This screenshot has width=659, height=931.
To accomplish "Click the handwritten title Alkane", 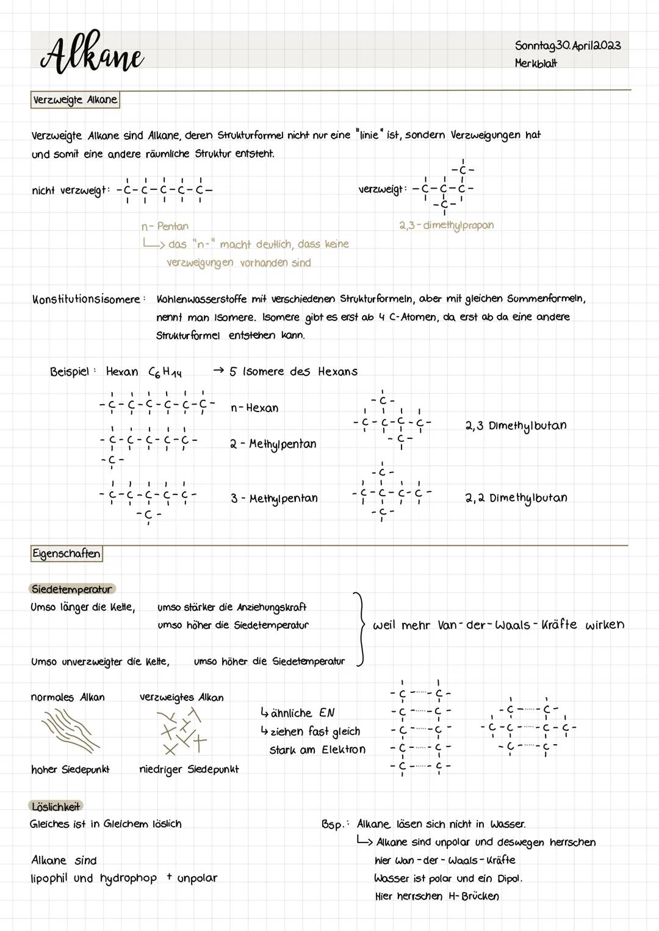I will [x=92, y=54].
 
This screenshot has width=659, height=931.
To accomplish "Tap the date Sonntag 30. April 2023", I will [x=567, y=46].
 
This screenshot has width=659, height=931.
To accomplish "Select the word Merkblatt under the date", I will [x=536, y=63].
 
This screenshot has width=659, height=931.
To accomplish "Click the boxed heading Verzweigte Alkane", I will [x=74, y=100].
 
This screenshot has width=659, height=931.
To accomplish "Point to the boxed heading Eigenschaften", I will [x=67, y=554].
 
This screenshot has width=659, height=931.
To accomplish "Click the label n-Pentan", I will [x=165, y=226].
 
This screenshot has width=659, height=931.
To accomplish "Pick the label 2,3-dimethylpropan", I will [x=447, y=225].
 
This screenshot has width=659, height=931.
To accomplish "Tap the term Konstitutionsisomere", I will [x=86, y=299].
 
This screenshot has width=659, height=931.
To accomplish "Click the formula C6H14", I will [x=165, y=372].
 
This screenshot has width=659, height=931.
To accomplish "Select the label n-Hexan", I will [x=254, y=408].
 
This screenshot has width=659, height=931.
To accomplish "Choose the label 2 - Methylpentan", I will [x=273, y=444].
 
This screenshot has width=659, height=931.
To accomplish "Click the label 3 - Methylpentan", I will [x=274, y=498].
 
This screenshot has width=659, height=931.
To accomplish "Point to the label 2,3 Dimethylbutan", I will [x=516, y=426].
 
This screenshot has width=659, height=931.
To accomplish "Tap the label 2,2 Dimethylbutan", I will [x=516, y=498].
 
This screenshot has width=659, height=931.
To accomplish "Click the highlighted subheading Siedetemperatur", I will [x=71, y=589].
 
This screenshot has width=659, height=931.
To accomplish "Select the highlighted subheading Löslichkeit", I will [x=56, y=806].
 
